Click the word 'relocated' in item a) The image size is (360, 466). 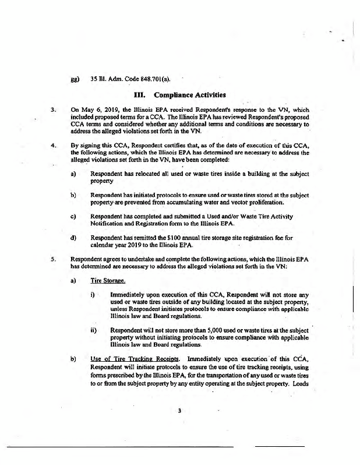pos(152,174)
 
